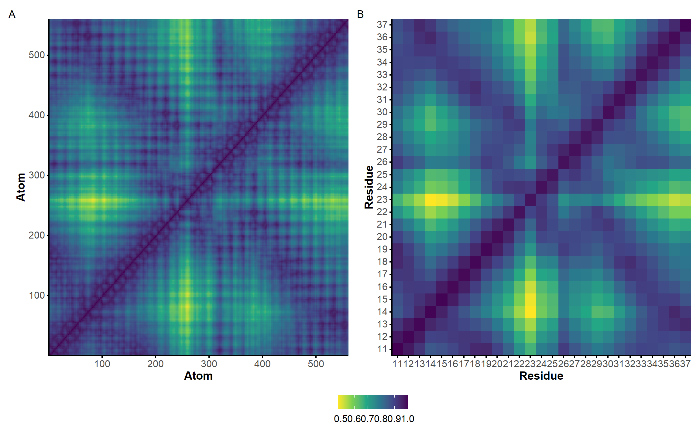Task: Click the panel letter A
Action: click(x=12, y=14)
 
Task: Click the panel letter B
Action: click(x=360, y=14)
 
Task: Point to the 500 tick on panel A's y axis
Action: click(x=37, y=55)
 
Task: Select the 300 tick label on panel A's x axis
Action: click(x=209, y=364)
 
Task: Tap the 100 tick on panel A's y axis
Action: click(x=37, y=295)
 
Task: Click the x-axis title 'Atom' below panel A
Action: click(x=198, y=376)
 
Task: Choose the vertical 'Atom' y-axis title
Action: click(x=21, y=187)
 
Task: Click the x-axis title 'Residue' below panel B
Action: click(x=541, y=376)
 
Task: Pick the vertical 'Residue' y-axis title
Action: click(x=369, y=187)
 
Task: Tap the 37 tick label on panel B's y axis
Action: click(x=382, y=25)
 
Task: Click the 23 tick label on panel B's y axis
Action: click(x=382, y=199)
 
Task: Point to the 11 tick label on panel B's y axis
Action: click(x=382, y=349)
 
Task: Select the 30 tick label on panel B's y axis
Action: click(x=382, y=112)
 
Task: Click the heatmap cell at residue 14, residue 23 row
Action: click(x=431, y=199)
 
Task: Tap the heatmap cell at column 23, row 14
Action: click(x=530, y=312)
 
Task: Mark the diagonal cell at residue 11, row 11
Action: click(x=397, y=349)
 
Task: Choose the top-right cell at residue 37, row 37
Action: click(x=685, y=25)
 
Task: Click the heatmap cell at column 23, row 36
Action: click(x=530, y=37)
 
